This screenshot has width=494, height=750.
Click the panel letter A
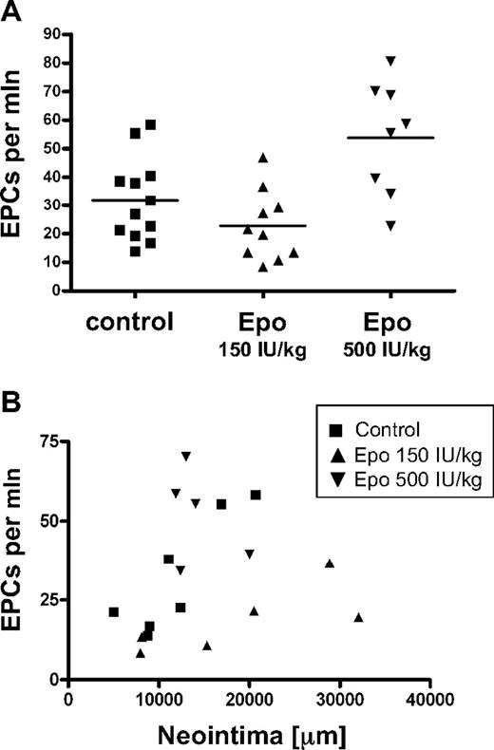tap(14, 12)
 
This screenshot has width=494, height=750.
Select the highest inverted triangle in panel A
tap(390, 61)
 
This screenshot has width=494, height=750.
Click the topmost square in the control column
tap(150, 124)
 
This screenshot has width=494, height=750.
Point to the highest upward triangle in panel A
tap(263, 158)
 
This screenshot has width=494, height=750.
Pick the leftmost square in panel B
tap(114, 612)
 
